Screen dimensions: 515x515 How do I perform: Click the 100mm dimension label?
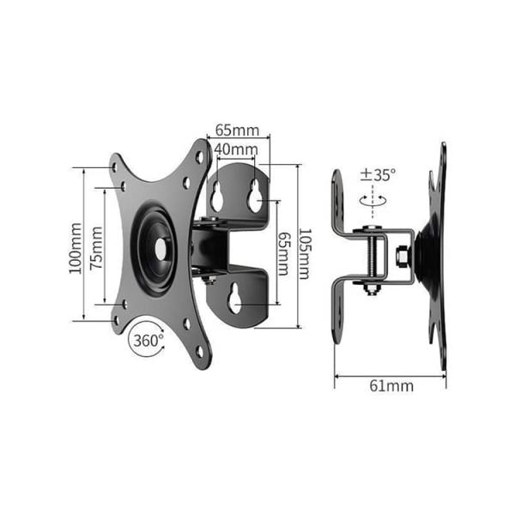[x=76, y=248]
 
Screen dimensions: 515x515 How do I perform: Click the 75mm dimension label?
[x=96, y=248]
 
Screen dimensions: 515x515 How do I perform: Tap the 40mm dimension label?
[x=236, y=149]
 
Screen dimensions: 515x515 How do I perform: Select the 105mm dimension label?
[x=304, y=254]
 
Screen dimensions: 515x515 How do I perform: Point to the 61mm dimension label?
[x=391, y=386]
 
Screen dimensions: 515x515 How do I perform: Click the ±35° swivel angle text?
[x=378, y=175]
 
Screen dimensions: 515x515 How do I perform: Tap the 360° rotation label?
[x=148, y=341]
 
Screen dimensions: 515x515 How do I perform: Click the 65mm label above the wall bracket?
[x=238, y=130]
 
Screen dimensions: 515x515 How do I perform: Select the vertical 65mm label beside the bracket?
[x=283, y=254]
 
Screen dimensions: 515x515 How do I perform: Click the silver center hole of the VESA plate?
[x=161, y=248]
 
